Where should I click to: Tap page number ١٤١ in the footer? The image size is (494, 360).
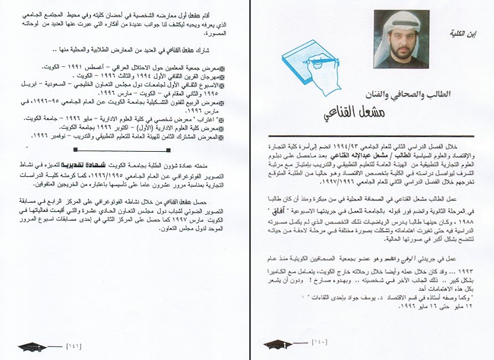[74, 346]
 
